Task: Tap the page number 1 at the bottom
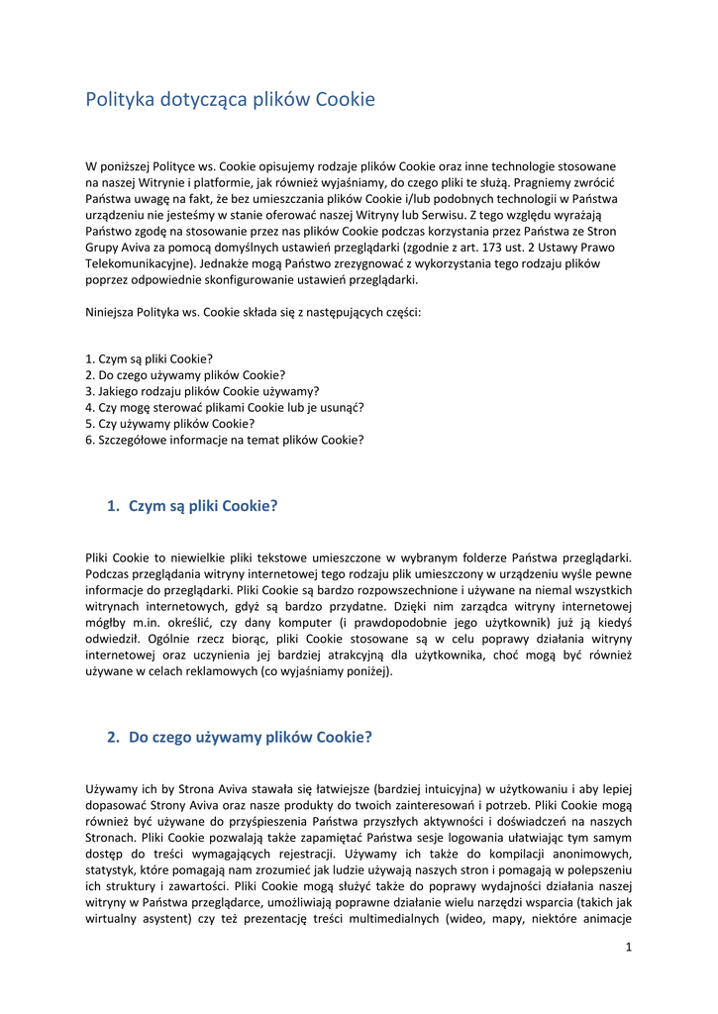pos(628,947)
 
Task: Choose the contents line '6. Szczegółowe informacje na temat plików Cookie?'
pos(224,439)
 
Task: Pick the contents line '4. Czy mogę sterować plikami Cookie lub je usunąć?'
pos(225,407)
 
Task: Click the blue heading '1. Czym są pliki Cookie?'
pos(192,506)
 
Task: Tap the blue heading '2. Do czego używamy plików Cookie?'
pos(239,737)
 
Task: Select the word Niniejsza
pos(112,312)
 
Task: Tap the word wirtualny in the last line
pos(113,933)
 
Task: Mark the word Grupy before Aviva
pos(103,248)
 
